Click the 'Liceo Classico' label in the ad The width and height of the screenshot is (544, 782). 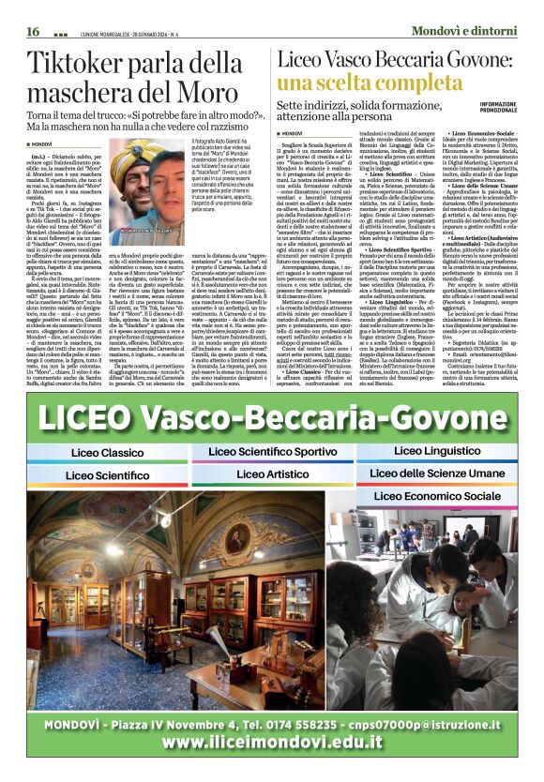[105, 452]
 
